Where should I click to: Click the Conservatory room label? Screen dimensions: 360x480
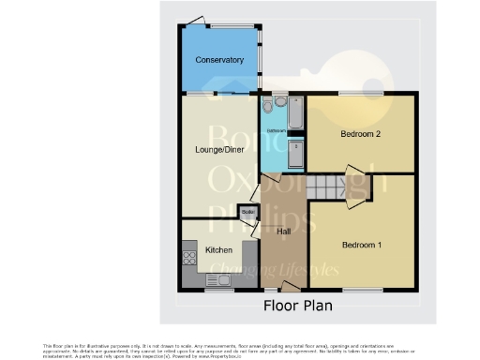pos(219,61)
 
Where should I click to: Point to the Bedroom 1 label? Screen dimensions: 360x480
pos(361,245)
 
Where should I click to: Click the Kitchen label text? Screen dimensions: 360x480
pos(218,250)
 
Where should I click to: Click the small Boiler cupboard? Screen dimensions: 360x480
pos(248,213)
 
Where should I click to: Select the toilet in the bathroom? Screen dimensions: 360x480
pos(268,103)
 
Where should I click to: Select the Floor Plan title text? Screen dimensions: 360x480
pos(297,306)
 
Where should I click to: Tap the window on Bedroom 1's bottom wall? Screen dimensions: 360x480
pos(368,290)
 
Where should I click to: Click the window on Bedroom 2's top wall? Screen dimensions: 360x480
pos(354,93)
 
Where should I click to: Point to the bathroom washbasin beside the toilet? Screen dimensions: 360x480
pos(278,101)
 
